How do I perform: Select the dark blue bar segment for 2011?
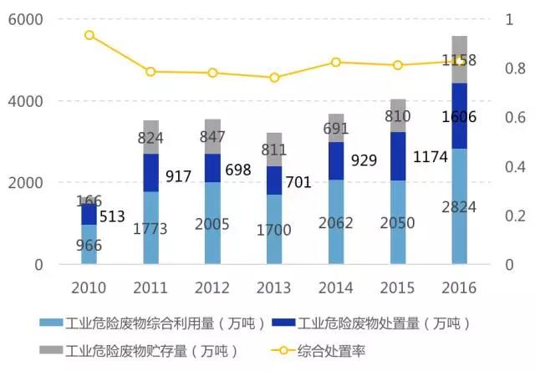(151, 172)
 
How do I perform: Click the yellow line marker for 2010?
(89, 35)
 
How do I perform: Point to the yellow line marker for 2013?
(274, 78)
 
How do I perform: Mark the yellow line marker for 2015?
(397, 65)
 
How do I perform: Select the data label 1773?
(151, 226)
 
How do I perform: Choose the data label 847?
(213, 137)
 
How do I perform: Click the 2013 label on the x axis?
(274, 288)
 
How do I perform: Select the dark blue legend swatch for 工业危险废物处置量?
(282, 323)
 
